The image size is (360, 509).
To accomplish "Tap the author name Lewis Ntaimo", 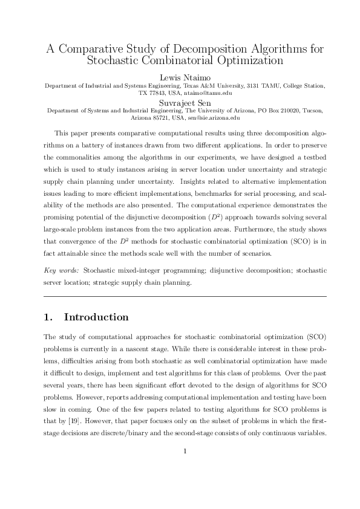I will tap(180, 77).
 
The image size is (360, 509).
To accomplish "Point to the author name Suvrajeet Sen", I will tap(180, 103).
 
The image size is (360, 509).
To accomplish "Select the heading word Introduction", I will tap(96, 317).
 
